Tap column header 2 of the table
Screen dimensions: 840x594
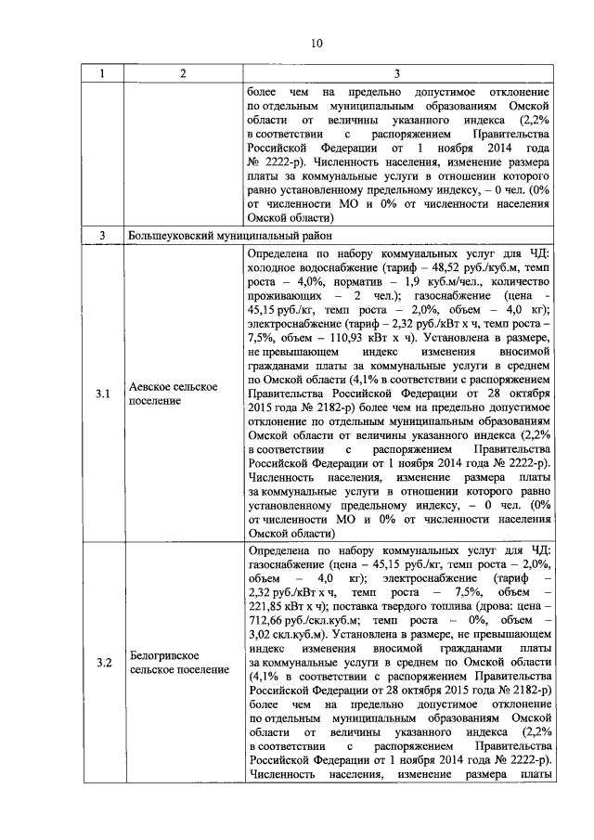tap(183, 73)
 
